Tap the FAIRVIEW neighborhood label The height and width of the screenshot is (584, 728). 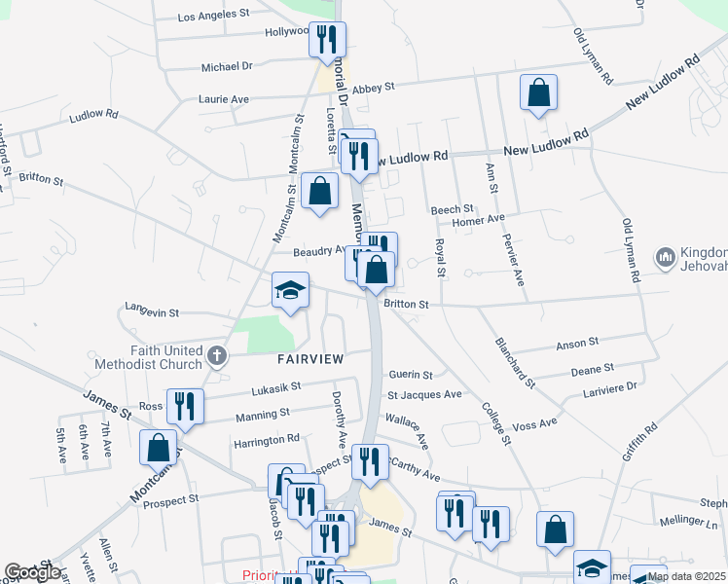[310, 359]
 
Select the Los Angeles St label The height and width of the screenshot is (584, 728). [214, 16]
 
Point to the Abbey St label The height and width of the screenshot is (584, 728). [373, 87]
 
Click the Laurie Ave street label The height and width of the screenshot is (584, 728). [224, 99]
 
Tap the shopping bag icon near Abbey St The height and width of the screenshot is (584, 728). [538, 93]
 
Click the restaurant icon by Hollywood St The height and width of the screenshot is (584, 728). [327, 41]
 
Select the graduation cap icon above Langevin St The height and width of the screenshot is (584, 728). [290, 291]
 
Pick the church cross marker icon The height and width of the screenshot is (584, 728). [217, 355]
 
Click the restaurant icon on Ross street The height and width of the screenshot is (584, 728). [185, 407]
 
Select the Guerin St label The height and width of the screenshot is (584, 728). [410, 374]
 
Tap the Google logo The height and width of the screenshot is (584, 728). [33, 571]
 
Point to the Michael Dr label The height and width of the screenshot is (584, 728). [226, 67]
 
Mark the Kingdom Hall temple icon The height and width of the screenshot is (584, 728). [666, 257]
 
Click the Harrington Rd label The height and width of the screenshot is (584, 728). [267, 441]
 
